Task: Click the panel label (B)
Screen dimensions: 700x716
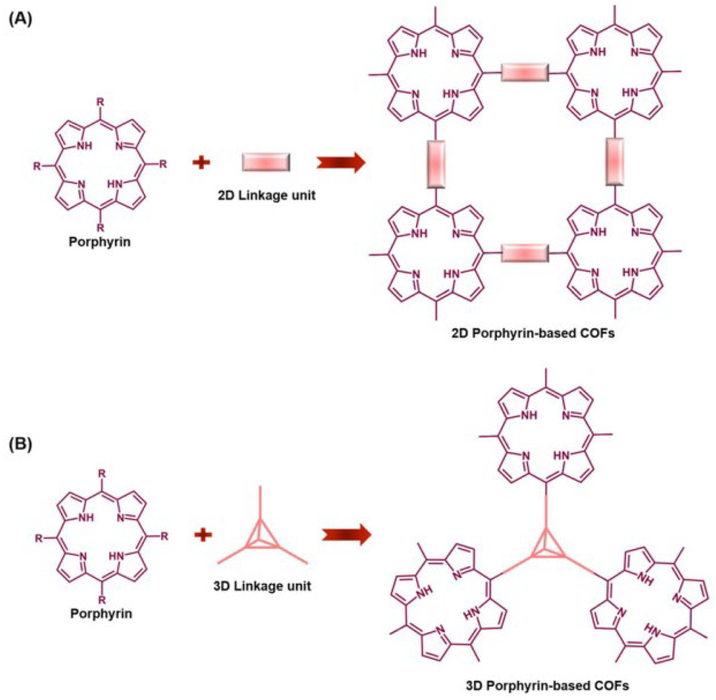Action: pyautogui.click(x=21, y=444)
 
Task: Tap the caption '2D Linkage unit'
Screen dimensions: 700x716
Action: pyautogui.click(x=266, y=195)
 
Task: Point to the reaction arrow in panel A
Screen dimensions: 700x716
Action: pyautogui.click(x=341, y=162)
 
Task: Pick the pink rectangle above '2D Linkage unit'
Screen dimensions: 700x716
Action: pyautogui.click(x=266, y=162)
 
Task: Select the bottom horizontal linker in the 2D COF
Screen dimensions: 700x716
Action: pyautogui.click(x=525, y=253)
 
